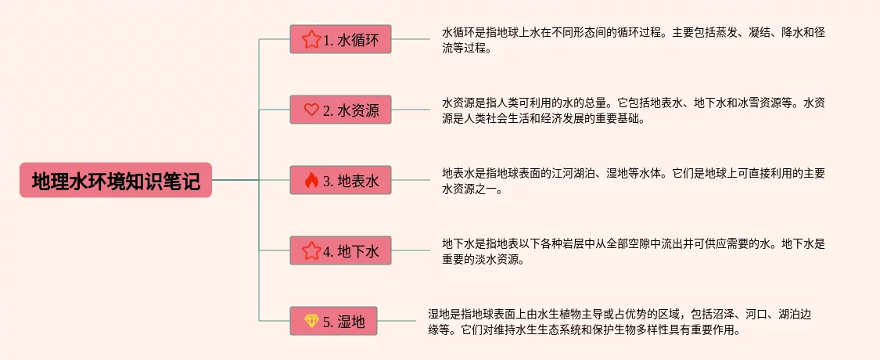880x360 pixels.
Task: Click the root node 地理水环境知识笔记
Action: click(116, 180)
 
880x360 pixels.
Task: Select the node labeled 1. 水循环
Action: click(340, 39)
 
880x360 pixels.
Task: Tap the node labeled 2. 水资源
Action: click(340, 110)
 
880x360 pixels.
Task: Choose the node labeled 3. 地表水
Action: click(340, 181)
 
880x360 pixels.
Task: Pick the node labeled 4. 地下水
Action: click(340, 250)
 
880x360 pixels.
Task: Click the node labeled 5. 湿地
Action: click(333, 321)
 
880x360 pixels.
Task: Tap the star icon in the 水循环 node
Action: click(311, 39)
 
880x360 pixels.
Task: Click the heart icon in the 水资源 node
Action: click(311, 110)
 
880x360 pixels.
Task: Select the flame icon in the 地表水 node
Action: click(311, 181)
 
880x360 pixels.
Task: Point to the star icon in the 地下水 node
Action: click(311, 250)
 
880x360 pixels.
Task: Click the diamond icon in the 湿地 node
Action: click(311, 321)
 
